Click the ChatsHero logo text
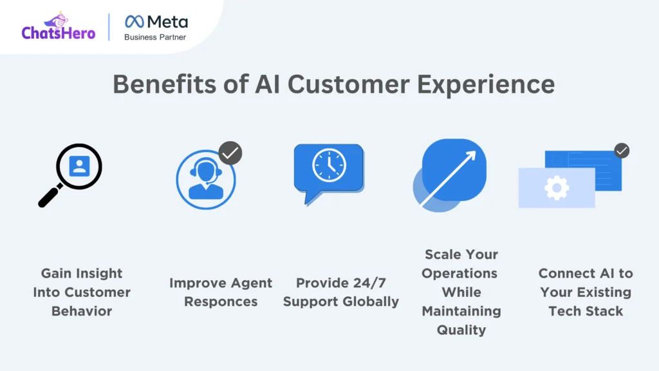pyautogui.click(x=59, y=33)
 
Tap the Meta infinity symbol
pyautogui.click(x=135, y=21)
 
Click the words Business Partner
pyautogui.click(x=155, y=37)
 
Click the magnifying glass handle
pyautogui.click(x=50, y=196)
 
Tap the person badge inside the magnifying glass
pyautogui.click(x=79, y=166)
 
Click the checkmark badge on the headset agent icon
pyautogui.click(x=230, y=153)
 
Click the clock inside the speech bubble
pyautogui.click(x=329, y=166)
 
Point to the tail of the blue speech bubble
pyautogui.click(x=311, y=198)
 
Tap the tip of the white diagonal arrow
pyautogui.click(x=475, y=152)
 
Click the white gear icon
pyautogui.click(x=557, y=187)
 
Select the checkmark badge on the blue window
pyautogui.click(x=622, y=151)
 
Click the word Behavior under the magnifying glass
pyautogui.click(x=82, y=311)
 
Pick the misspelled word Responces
pyautogui.click(x=221, y=302)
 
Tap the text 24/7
pyautogui.click(x=369, y=283)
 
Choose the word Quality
pyautogui.click(x=461, y=330)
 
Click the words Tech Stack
pyautogui.click(x=586, y=311)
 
